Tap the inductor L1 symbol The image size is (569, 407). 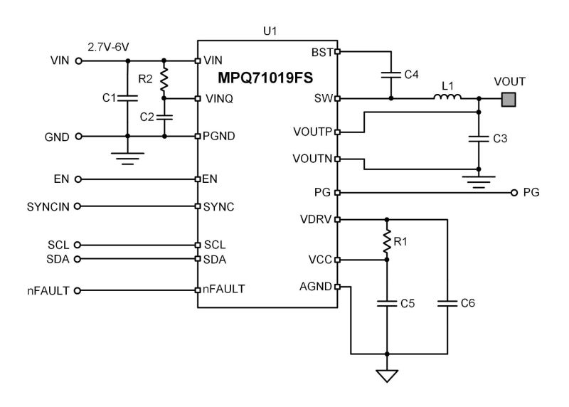point(449,98)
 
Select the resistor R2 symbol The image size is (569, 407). point(164,79)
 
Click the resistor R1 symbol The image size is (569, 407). point(387,240)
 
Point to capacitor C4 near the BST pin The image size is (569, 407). point(390,74)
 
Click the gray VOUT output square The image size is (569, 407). point(509,98)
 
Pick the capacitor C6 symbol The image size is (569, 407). point(447,304)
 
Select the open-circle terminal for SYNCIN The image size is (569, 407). point(78,206)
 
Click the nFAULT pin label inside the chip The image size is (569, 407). point(224,290)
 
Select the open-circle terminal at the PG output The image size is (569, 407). point(514,192)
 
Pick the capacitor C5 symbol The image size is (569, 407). point(387,304)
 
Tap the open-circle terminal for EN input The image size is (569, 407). point(78,179)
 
